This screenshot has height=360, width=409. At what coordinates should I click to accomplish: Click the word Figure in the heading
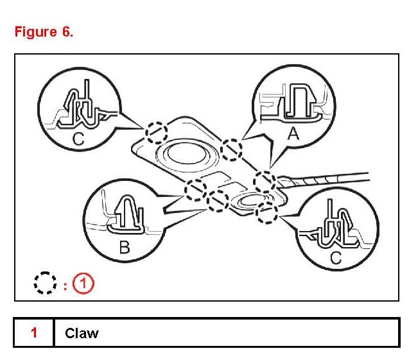36,33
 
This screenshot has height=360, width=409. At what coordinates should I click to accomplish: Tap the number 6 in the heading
67,33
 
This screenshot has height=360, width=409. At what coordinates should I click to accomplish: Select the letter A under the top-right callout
293,133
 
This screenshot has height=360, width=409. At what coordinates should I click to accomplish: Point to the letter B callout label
125,246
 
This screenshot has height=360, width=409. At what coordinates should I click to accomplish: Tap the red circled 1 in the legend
83,282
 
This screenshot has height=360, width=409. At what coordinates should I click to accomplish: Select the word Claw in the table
82,333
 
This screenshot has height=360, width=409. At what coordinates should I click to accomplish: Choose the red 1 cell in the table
33,333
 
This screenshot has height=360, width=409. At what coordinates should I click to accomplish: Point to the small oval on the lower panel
245,201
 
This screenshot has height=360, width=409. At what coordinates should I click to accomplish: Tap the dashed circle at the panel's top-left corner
155,133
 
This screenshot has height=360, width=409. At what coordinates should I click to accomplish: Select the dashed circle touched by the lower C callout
265,213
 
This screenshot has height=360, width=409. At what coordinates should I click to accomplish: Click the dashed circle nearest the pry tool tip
265,182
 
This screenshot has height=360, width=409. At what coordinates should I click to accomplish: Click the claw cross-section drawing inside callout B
125,214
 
